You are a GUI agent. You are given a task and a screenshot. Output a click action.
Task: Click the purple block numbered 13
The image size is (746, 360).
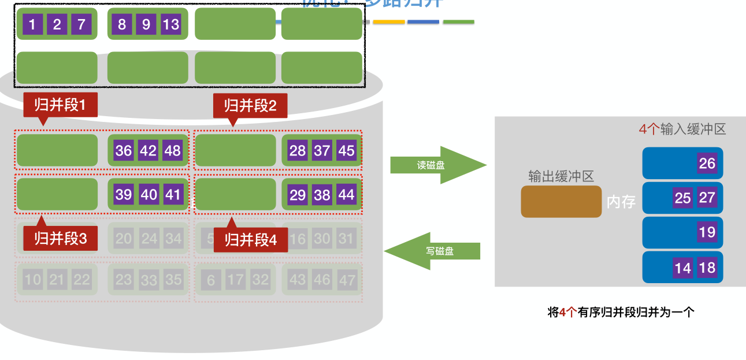(171, 25)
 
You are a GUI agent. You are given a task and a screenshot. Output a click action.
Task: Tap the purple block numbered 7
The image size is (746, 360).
(81, 25)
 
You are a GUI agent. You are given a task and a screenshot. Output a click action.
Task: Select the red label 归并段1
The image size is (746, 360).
(60, 105)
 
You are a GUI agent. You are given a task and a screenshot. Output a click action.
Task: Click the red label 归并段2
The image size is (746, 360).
(250, 106)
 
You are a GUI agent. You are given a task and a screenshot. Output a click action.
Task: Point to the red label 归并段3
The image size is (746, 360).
(60, 238)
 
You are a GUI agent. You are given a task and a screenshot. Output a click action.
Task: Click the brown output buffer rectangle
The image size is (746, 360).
(561, 202)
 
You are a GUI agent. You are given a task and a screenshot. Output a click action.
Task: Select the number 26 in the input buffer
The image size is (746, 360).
(707, 164)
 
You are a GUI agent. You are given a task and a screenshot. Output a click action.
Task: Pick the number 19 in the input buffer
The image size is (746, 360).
(707, 233)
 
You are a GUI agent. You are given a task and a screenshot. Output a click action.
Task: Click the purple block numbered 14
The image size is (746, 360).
(682, 268)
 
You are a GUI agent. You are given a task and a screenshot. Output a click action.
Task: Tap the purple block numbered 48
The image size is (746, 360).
(173, 151)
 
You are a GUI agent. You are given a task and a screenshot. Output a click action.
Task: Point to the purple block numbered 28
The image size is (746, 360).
(298, 151)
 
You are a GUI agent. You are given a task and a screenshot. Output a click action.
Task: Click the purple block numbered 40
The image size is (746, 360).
(149, 195)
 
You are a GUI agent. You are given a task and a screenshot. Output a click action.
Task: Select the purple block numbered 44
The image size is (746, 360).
(346, 195)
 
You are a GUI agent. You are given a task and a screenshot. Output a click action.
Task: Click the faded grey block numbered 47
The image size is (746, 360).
(347, 280)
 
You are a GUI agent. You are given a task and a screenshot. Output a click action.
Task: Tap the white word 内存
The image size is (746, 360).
(621, 202)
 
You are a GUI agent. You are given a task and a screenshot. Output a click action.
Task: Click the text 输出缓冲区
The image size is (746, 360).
(561, 176)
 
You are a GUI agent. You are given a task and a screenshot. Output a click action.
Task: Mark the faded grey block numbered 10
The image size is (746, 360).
(33, 280)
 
